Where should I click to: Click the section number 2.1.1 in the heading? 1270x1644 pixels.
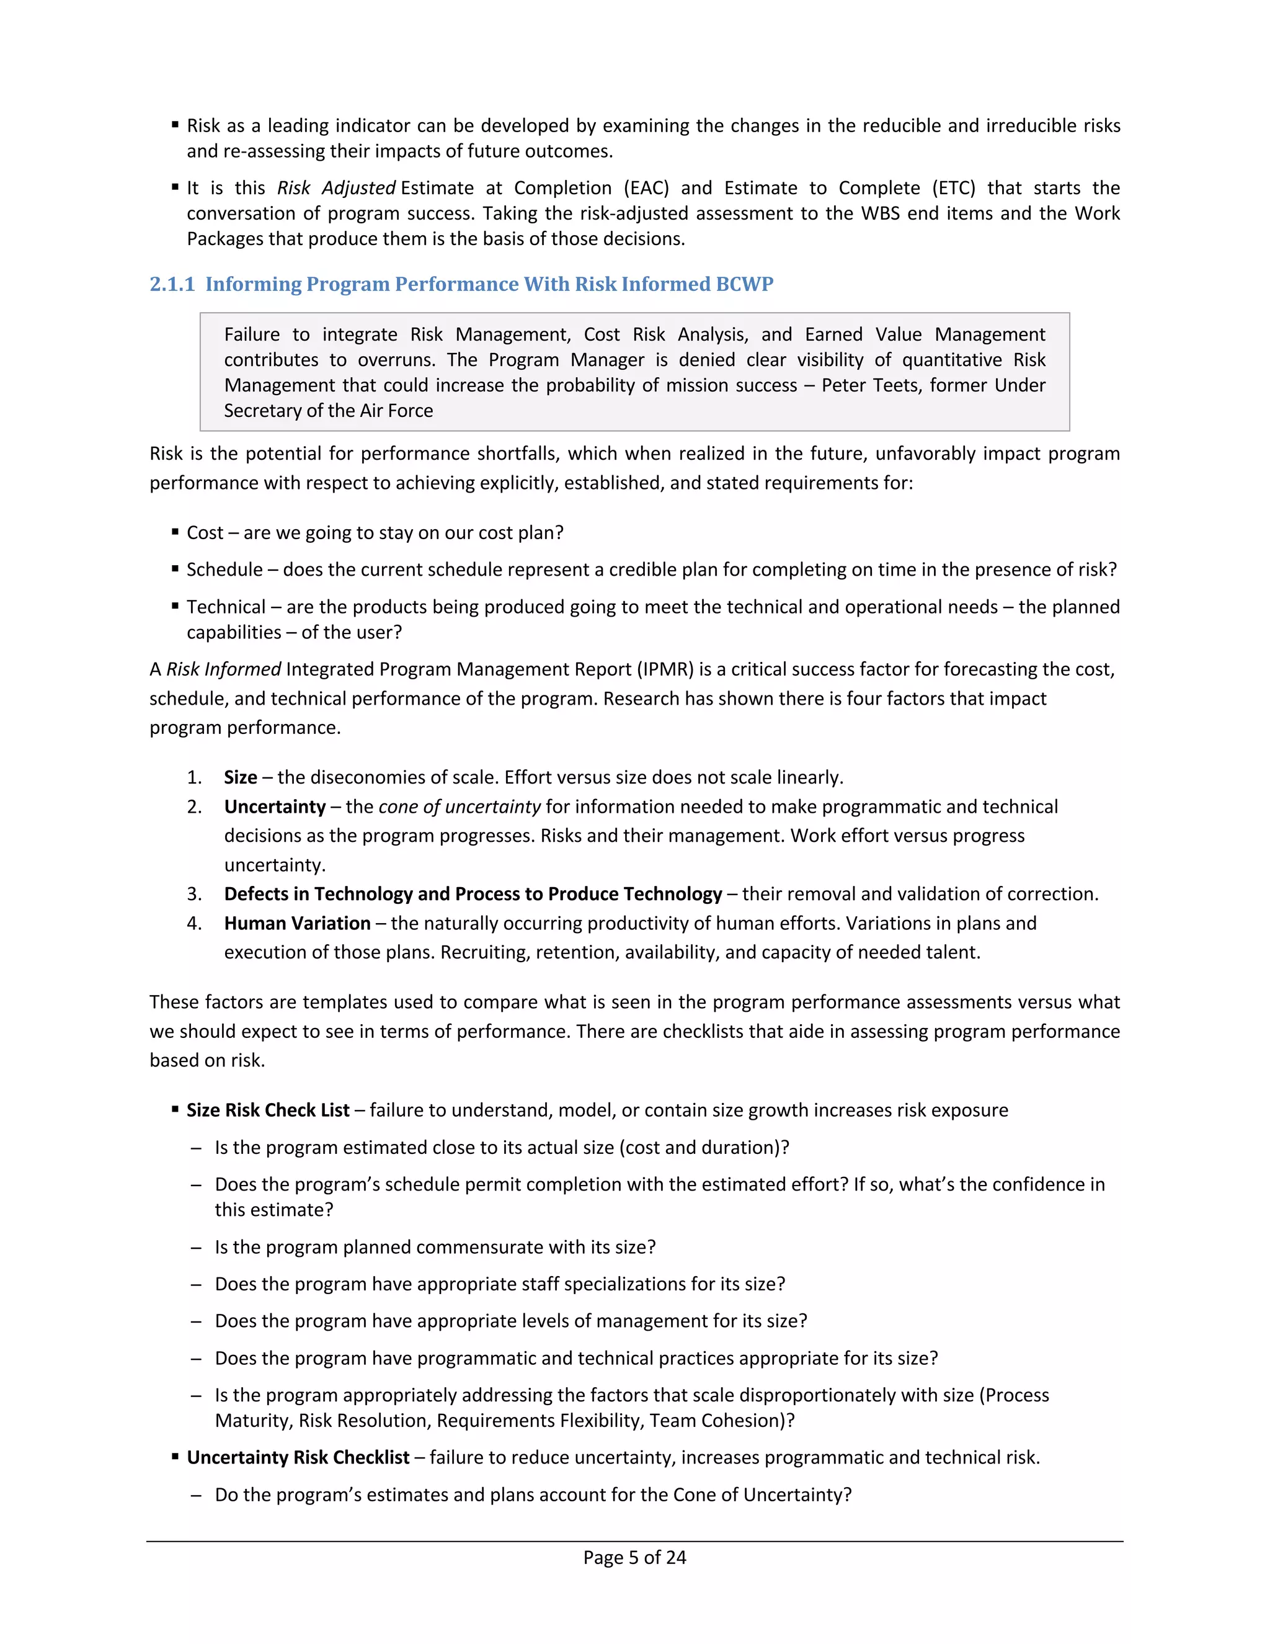(172, 285)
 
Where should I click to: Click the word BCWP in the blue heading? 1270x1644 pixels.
(745, 285)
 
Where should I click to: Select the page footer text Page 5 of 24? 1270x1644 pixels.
(634, 1557)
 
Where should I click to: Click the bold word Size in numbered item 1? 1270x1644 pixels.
(240, 777)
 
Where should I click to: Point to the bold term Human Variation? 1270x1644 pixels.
(297, 924)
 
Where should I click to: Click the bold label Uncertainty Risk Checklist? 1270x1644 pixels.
(298, 1458)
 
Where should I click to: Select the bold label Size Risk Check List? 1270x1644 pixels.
(268, 1111)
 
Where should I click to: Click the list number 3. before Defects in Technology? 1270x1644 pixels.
(194, 894)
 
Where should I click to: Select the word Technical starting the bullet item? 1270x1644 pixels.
(226, 607)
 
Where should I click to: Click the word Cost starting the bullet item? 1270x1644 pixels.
(205, 533)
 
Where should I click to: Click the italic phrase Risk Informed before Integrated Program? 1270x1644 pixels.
(223, 670)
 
